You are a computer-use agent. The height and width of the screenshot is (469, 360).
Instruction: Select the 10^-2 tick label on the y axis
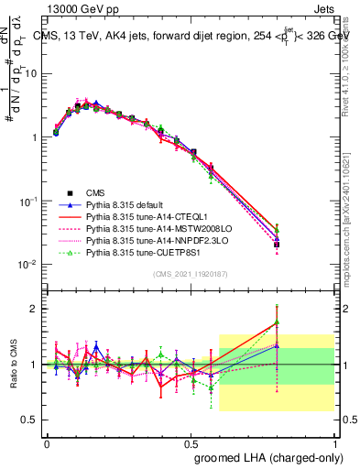point(29,265)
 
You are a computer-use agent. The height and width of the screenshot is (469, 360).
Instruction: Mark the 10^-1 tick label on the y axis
point(29,201)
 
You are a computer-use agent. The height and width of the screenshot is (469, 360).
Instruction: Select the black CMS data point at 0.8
point(277,245)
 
